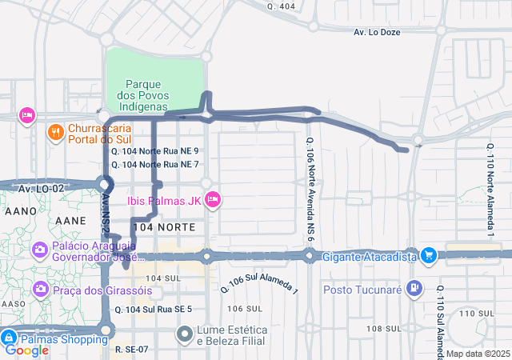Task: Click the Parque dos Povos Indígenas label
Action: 145,94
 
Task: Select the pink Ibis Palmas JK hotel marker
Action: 212,199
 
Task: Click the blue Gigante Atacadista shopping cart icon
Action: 429,256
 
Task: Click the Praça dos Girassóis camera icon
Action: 39,289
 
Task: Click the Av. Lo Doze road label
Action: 377,32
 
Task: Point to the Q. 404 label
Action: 282,6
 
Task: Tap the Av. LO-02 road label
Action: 41,189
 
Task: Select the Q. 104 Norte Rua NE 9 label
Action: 154,150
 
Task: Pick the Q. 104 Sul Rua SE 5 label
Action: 153,309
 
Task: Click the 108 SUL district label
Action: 382,329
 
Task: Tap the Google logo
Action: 27,350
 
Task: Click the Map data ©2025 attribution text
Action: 478,354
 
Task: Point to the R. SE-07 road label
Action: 132,349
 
